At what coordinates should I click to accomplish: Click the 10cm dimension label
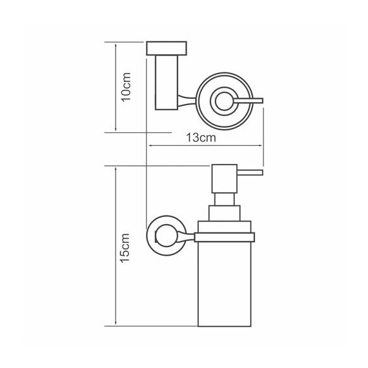point(125,87)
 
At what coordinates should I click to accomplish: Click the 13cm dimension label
point(201,138)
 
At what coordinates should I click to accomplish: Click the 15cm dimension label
point(125,248)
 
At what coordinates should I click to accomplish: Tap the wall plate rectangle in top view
point(167,48)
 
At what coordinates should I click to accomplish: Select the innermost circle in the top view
point(223,101)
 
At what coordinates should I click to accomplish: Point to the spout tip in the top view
point(262,101)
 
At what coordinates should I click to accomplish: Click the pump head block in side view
point(225,179)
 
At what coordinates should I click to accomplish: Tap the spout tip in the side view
point(261,173)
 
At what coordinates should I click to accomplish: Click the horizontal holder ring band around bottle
point(225,238)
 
